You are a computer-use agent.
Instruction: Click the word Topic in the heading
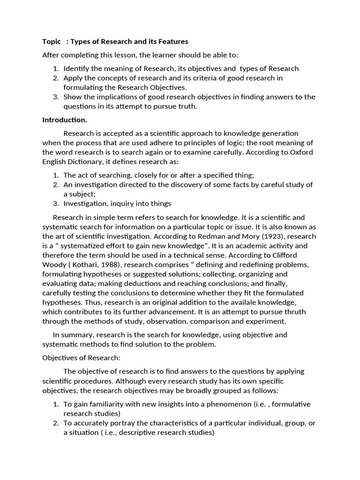click(52, 42)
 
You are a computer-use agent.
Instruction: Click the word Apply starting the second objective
click(73, 78)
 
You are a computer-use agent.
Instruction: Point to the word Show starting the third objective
click(73, 97)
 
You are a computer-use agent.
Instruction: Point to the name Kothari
click(86, 265)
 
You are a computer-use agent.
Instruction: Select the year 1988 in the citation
click(110, 265)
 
